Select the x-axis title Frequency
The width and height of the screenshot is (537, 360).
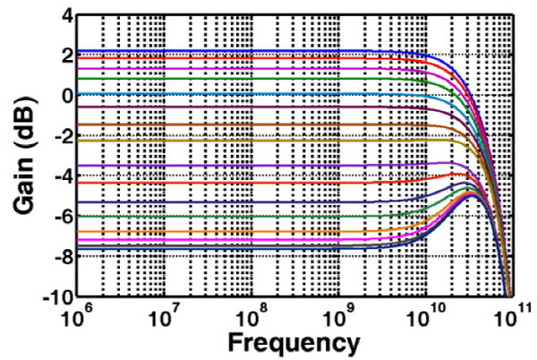point(294,341)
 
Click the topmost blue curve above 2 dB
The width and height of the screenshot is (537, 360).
point(224,51)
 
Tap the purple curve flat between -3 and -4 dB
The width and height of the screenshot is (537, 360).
point(224,166)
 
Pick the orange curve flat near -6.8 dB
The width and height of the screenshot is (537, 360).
point(224,232)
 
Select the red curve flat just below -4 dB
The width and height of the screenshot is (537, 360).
point(224,183)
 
